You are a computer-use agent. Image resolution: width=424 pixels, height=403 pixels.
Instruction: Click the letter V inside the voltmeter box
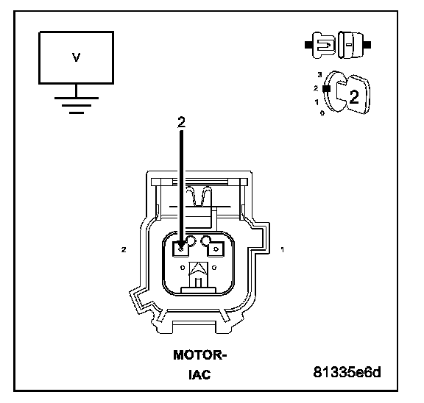77,57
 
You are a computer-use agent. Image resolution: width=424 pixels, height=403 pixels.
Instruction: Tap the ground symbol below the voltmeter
77,105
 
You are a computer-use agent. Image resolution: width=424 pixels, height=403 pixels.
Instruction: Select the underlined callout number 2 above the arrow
181,122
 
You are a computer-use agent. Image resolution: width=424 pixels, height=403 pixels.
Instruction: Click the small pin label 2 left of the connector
124,250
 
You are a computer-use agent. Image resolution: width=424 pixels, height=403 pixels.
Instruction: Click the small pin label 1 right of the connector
283,250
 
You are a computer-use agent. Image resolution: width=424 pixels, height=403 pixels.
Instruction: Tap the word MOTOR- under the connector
199,355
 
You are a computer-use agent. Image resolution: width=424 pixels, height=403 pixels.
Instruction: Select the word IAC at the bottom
199,374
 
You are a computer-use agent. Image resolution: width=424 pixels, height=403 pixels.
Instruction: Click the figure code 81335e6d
347,372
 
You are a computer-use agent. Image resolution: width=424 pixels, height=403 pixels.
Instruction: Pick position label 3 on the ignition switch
320,74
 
